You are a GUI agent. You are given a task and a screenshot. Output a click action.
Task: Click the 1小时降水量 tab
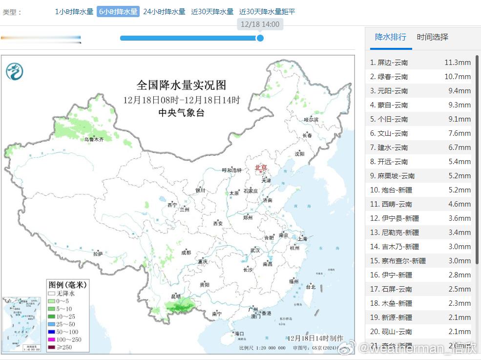pyautogui.click(x=74, y=12)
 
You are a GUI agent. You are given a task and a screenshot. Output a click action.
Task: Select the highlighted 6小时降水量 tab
pyautogui.click(x=118, y=12)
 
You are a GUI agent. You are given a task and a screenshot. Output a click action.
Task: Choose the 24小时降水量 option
pyautogui.click(x=164, y=12)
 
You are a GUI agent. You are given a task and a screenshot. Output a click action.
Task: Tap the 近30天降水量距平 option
pyautogui.click(x=267, y=12)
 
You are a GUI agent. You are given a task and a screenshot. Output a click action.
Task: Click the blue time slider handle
pyautogui.click(x=260, y=38)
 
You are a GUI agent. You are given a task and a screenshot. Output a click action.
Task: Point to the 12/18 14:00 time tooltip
pyautogui.click(x=260, y=24)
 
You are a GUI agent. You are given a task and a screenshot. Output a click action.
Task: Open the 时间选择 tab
pyautogui.click(x=432, y=37)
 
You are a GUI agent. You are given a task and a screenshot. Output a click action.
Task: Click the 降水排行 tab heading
pyautogui.click(x=391, y=37)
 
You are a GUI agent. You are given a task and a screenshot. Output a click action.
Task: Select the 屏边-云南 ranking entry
pyautogui.click(x=389, y=63)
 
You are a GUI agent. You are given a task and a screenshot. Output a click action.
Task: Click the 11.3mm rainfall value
pyautogui.click(x=458, y=63)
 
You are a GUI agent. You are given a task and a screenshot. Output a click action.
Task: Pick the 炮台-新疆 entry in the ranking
pyautogui.click(x=392, y=190)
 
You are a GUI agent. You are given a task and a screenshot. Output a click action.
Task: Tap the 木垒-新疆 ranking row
pyautogui.click(x=391, y=303)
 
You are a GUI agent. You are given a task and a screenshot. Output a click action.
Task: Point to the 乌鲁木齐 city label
pyautogui.click(x=94, y=139)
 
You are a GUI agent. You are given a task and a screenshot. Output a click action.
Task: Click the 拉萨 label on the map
pyautogui.click(x=98, y=254)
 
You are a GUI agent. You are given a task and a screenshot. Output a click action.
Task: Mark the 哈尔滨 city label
pyautogui.click(x=311, y=120)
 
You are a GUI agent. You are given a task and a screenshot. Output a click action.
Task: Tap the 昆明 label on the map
pyautogui.click(x=175, y=296)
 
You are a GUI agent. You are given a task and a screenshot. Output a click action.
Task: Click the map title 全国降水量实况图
pyautogui.click(x=181, y=85)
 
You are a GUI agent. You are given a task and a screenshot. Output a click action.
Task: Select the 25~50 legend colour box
pyautogui.click(x=51, y=324)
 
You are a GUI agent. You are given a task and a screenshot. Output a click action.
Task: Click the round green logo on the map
pyautogui.click(x=15, y=72)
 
